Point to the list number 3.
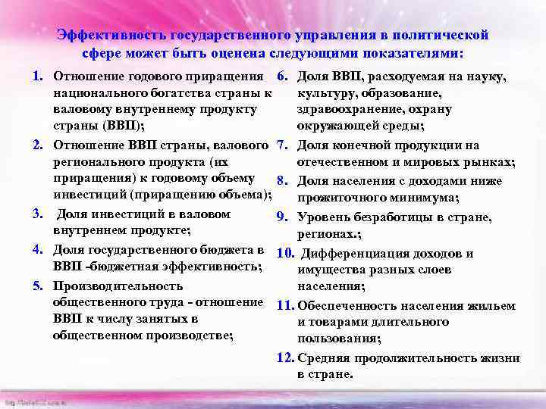(36, 214)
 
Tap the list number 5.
(36, 286)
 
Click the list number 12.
(284, 358)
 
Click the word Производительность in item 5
(118, 286)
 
